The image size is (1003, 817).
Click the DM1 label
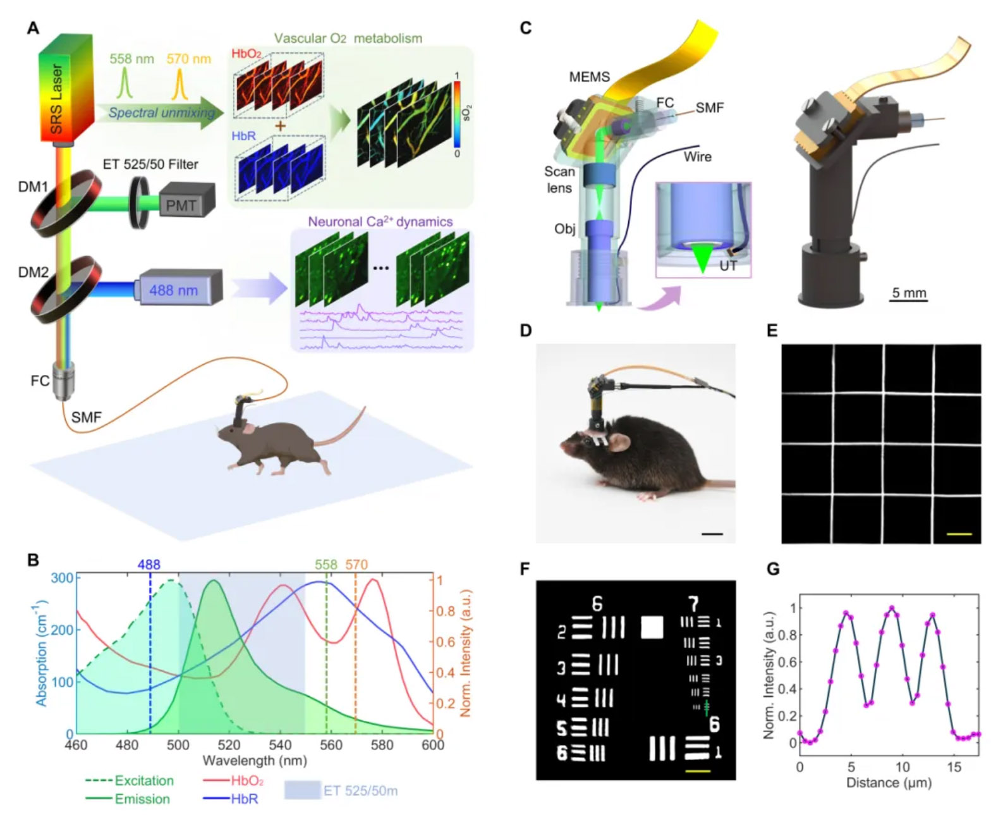33,187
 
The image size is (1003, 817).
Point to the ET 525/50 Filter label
150,164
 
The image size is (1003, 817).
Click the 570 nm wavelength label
188,59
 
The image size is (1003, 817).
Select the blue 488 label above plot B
150,564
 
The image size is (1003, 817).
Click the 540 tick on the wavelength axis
280,744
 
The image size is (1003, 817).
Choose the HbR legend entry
244,799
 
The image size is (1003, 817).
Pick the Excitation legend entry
143,780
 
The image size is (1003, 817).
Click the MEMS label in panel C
589,77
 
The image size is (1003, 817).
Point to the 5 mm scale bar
908,299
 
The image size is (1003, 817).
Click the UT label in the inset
728,266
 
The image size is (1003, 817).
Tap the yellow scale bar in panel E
959,534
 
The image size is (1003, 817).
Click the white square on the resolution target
652,627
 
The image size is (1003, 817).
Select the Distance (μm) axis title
889,782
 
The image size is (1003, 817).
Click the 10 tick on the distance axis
903,766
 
